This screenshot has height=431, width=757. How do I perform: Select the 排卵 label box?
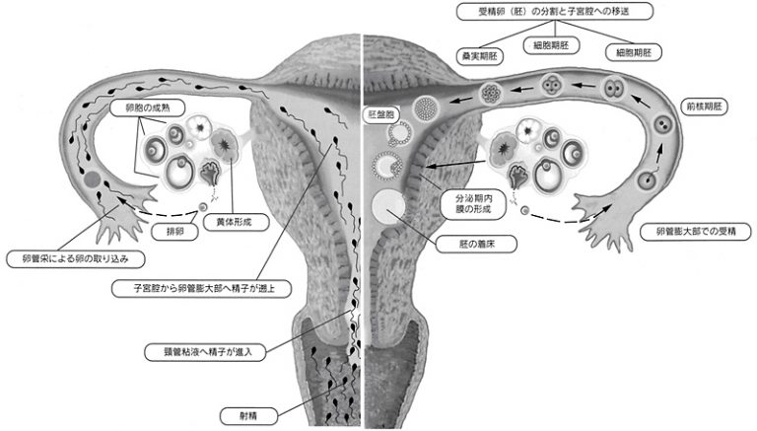167,234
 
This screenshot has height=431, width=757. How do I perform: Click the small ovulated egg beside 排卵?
201,208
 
